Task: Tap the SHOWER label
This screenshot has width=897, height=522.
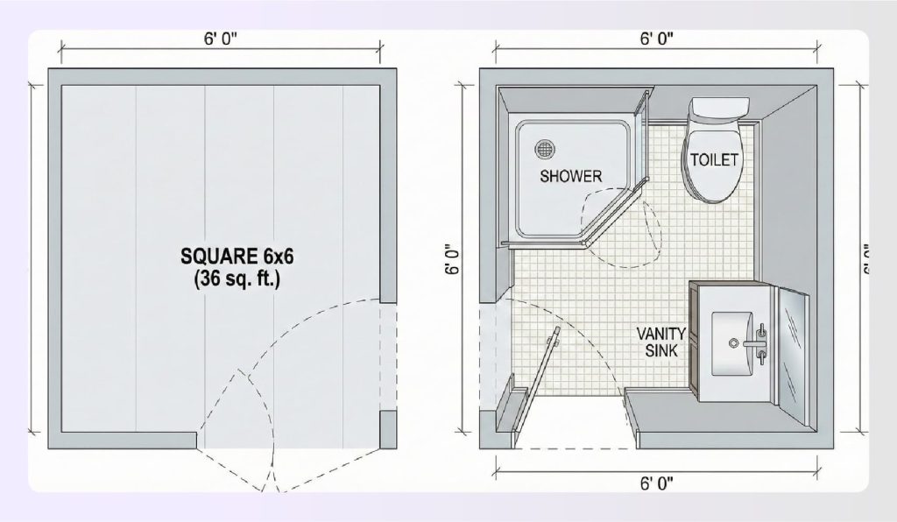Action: click(570, 176)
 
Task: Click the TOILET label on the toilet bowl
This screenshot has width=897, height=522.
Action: click(715, 160)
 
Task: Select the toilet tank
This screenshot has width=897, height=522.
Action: click(718, 109)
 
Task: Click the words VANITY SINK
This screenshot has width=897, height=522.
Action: click(660, 342)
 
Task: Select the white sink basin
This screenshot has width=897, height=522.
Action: click(734, 344)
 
